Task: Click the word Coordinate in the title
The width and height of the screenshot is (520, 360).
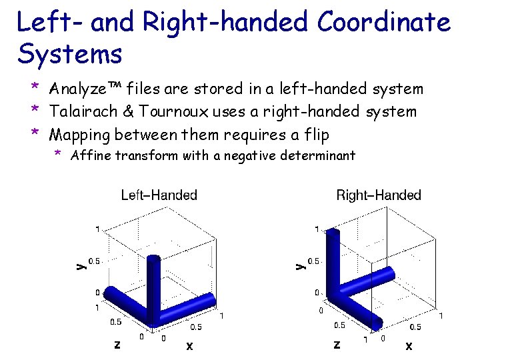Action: (384, 23)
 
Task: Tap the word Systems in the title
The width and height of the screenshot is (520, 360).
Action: (69, 54)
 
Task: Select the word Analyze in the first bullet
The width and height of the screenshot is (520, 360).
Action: (75, 89)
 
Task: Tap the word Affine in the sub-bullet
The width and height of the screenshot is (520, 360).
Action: (89, 156)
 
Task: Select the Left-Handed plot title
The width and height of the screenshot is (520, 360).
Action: (159, 195)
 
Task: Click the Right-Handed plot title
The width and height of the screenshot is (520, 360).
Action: (379, 195)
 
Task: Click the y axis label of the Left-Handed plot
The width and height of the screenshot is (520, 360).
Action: (80, 265)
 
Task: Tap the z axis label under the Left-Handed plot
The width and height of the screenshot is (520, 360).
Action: (117, 345)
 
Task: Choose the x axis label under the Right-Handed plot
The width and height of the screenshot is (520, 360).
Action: (409, 345)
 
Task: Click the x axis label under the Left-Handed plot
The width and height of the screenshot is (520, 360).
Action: (189, 345)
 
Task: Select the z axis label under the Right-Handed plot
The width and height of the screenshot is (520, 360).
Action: (337, 345)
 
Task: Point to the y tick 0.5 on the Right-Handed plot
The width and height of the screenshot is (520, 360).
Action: (313, 261)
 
